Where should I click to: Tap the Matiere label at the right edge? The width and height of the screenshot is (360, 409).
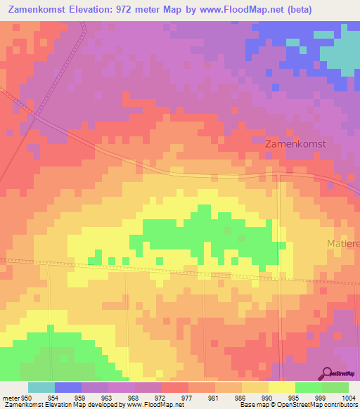(342, 243)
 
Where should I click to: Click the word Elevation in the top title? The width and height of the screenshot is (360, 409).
(97, 10)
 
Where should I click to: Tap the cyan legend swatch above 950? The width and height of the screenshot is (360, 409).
(41, 387)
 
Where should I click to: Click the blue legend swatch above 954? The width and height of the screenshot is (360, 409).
(68, 387)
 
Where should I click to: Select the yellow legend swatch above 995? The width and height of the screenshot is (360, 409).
(282, 387)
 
